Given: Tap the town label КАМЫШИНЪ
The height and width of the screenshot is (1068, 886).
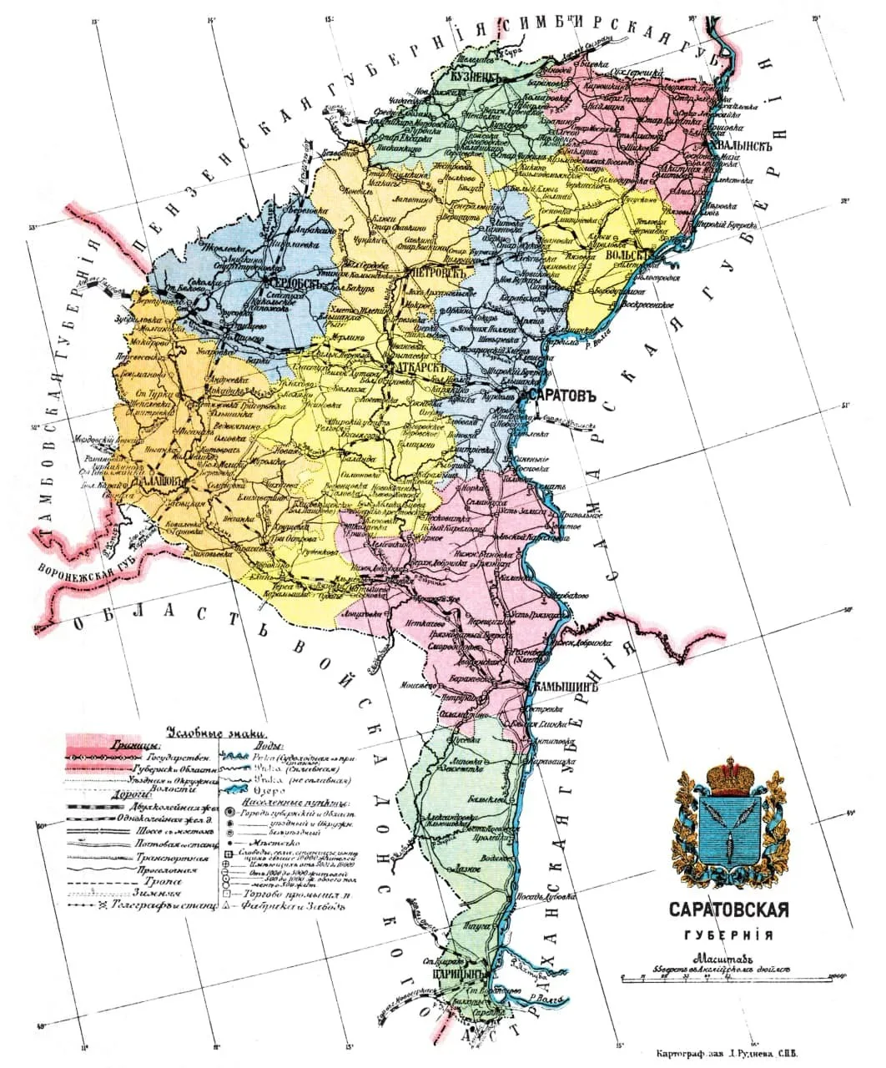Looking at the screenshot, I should (564, 688).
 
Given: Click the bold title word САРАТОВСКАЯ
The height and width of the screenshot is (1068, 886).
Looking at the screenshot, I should (729, 910).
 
